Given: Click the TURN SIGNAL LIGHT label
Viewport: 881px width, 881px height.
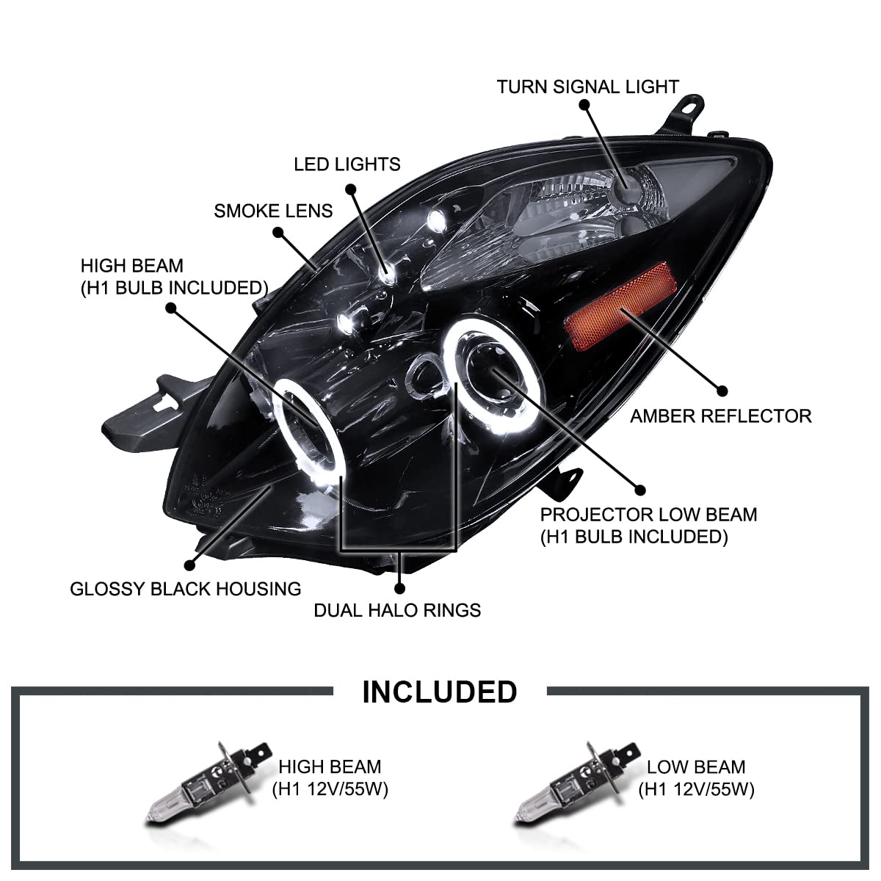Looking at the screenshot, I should coord(587,87).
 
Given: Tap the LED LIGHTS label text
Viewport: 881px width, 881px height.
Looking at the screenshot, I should coord(347,163).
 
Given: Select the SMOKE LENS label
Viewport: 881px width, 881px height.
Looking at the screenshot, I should coord(273,211).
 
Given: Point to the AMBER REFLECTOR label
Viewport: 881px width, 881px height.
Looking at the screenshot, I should coord(720,416).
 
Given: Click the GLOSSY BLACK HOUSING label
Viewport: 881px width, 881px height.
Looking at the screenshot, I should coord(185,588).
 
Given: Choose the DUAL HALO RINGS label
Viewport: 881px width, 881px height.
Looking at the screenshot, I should coord(397,610).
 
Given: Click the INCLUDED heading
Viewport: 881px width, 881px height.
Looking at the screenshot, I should coord(440,692).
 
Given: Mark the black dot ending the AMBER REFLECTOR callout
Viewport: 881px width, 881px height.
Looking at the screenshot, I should coord(722,391).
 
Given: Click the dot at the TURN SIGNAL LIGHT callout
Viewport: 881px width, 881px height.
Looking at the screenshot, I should coord(584,105).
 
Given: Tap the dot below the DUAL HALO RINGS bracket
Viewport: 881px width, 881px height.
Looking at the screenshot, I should coord(399,587).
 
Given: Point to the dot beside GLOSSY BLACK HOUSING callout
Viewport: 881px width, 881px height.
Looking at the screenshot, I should coord(190,565).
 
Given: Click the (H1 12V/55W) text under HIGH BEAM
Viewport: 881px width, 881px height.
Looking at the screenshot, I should coord(330,790).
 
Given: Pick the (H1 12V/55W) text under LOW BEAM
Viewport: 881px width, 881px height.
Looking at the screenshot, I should coord(696,790).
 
